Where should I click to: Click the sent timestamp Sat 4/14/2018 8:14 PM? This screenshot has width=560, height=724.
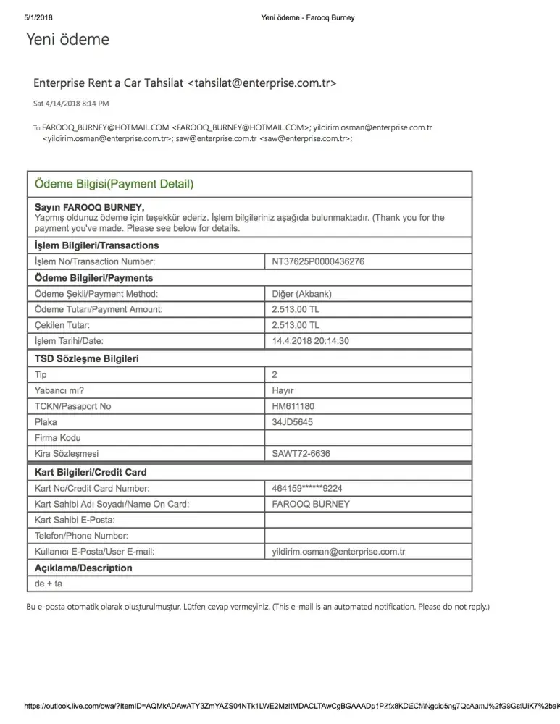[x=71, y=104]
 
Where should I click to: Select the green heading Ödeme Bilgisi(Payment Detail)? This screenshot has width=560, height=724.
[x=114, y=185]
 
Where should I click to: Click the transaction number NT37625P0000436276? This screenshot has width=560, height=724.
[x=318, y=262]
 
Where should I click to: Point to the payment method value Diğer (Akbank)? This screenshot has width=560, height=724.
[x=301, y=294]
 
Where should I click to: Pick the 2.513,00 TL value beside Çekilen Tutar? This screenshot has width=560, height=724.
[x=296, y=326]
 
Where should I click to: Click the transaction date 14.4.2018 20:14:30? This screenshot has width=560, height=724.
[x=311, y=342]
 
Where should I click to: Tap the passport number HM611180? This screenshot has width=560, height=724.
[x=293, y=406]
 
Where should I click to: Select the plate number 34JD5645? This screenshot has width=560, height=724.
[x=293, y=422]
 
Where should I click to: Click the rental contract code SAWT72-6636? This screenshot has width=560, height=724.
[x=301, y=454]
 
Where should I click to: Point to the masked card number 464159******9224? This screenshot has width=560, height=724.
[x=307, y=488]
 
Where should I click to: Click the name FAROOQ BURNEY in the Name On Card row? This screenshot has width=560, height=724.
[x=311, y=504]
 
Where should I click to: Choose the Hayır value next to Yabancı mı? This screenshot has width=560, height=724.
[x=283, y=390]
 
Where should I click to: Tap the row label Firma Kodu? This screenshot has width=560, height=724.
[x=58, y=438]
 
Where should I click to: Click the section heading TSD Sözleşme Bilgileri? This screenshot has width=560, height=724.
[x=87, y=358]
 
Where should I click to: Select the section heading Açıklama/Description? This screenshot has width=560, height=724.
[x=83, y=568]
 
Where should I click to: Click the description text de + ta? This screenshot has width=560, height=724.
[x=49, y=584]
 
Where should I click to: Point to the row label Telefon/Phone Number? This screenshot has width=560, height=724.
[x=81, y=536]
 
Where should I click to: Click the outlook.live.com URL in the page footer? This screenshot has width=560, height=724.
[x=290, y=706]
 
